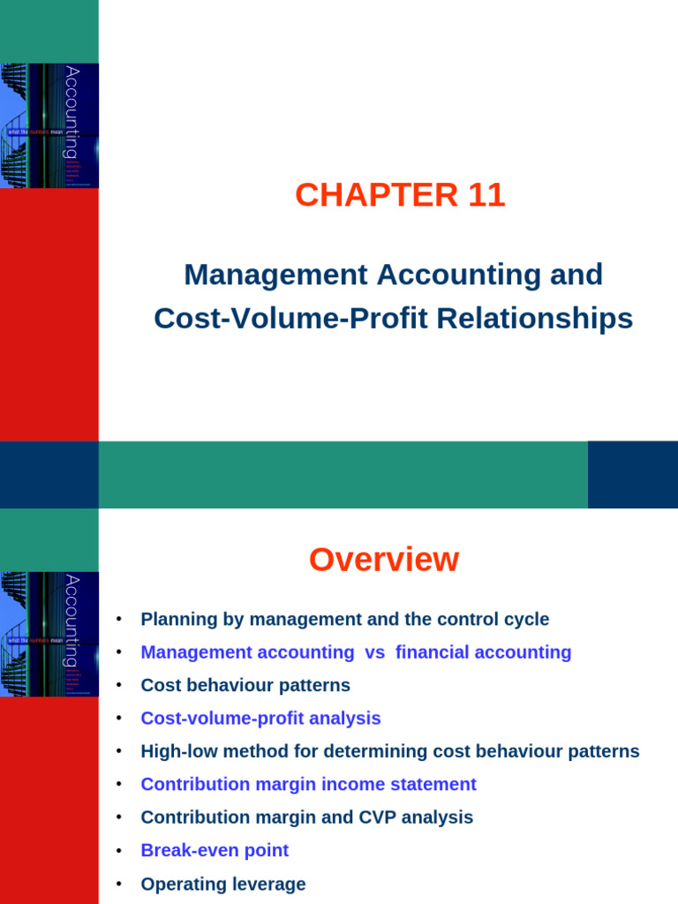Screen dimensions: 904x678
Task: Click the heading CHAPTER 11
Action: [x=400, y=195]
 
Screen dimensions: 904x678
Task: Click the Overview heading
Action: [x=384, y=560]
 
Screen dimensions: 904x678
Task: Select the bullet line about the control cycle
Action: [x=344, y=620]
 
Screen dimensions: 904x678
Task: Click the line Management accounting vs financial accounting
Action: [x=356, y=652]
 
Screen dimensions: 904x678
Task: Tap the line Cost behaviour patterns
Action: [x=245, y=685]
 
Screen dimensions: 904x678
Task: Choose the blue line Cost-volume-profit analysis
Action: [x=260, y=719]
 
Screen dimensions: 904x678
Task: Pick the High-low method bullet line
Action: [x=389, y=751]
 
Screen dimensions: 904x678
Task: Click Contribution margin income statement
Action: [x=308, y=784]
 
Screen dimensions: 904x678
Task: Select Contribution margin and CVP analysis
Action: [x=306, y=817]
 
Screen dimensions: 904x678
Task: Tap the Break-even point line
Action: [x=215, y=850]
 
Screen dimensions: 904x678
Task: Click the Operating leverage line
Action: [x=222, y=884]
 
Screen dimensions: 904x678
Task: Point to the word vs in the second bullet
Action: [x=374, y=652]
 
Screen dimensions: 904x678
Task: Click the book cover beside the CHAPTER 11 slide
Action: [x=49, y=125]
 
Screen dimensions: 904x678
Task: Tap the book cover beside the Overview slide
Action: [x=49, y=634]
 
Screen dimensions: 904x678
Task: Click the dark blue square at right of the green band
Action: [x=632, y=475]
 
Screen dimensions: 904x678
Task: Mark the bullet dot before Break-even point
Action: [x=118, y=851]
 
